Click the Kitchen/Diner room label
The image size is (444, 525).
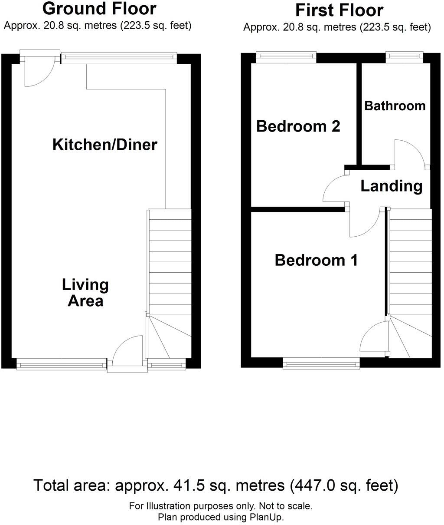coord(104,145)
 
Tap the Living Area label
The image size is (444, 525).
coord(85,293)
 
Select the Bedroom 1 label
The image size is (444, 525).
coord(316,260)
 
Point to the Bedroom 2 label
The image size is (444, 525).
coord(298,126)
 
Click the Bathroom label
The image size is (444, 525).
coord(395,106)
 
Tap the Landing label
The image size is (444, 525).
coord(391,186)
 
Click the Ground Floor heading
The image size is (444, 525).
coord(99,8)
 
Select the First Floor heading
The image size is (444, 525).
coord(339,10)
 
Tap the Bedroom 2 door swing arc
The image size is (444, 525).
coord(335,187)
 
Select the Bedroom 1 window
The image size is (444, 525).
coord(321,363)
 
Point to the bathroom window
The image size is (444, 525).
coord(404,55)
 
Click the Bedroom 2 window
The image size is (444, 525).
coord(286,56)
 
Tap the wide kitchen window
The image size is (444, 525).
coord(119,58)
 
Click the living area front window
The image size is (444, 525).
coord(61,364)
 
